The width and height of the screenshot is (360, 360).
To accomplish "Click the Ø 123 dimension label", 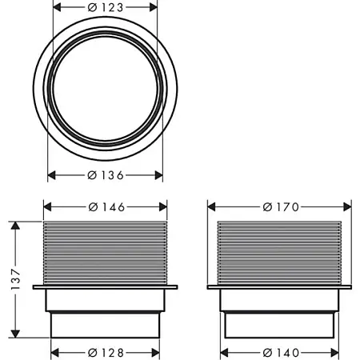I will point(105,7).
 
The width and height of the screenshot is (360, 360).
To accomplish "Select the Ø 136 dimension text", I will point(105,175).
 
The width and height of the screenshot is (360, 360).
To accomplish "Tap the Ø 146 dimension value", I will point(105,206).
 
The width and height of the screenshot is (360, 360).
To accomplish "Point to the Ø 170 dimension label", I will point(280,206).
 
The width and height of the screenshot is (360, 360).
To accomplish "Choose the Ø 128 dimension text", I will point(105,352).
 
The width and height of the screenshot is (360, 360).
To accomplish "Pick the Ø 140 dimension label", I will point(280,352).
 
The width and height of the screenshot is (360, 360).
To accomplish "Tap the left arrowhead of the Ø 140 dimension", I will point(227,352).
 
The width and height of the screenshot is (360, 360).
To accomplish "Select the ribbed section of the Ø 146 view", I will point(105,250).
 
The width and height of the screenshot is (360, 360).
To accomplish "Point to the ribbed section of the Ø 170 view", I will point(280,250).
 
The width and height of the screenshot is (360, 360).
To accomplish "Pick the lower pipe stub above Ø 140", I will point(280,324).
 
